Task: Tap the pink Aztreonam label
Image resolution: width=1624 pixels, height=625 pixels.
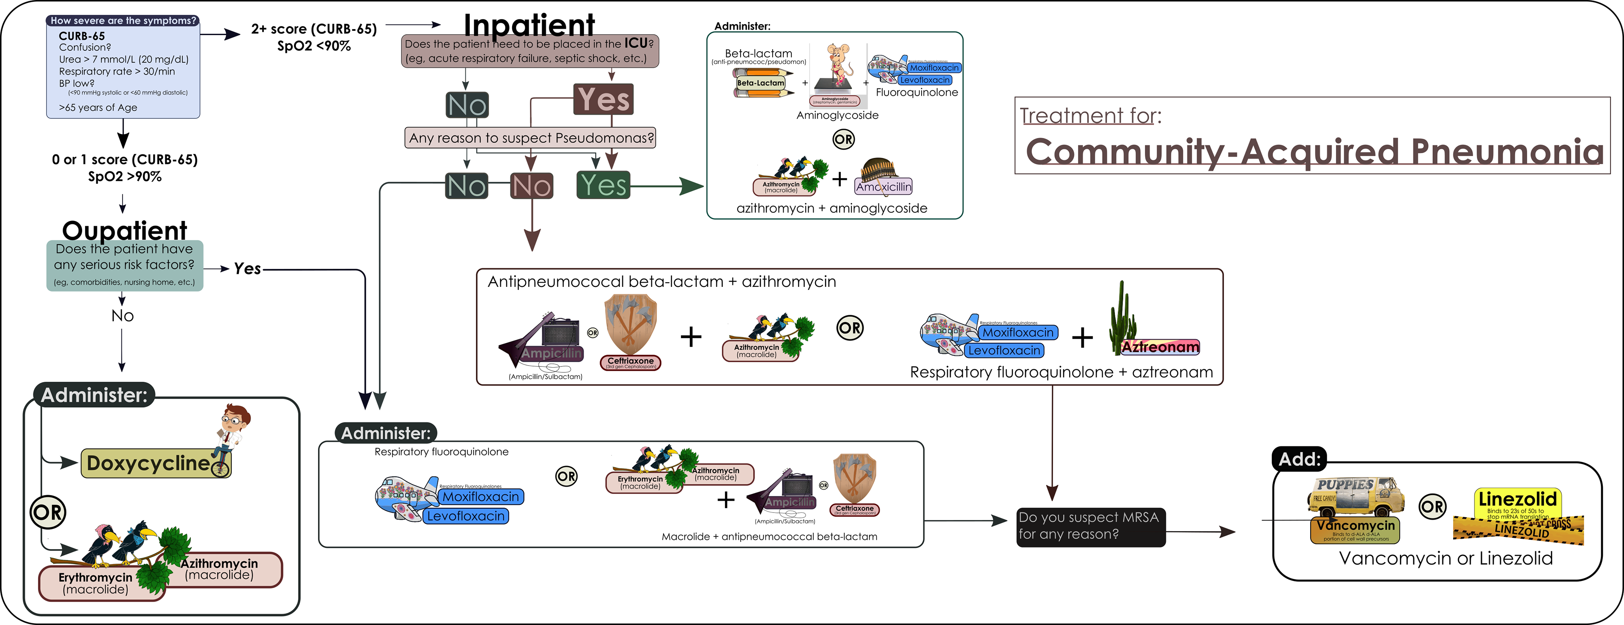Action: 1160,347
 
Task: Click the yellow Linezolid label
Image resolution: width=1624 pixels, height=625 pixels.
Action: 1517,499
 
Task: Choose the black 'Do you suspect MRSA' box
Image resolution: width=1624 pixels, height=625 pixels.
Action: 1091,526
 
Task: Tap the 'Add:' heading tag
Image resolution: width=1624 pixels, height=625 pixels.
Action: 1299,459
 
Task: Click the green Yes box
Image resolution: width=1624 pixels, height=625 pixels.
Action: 604,185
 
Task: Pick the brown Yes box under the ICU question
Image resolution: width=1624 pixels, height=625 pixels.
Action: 604,99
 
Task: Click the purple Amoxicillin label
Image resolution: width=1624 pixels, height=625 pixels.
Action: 884,187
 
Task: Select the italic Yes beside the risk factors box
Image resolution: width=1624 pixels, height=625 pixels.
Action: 247,269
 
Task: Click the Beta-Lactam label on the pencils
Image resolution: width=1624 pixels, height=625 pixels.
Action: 760,83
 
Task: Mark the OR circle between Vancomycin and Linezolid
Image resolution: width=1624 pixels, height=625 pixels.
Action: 1432,507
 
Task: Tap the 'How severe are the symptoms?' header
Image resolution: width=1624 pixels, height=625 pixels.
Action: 123,21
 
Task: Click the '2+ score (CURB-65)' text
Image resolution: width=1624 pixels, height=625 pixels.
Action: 314,29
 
